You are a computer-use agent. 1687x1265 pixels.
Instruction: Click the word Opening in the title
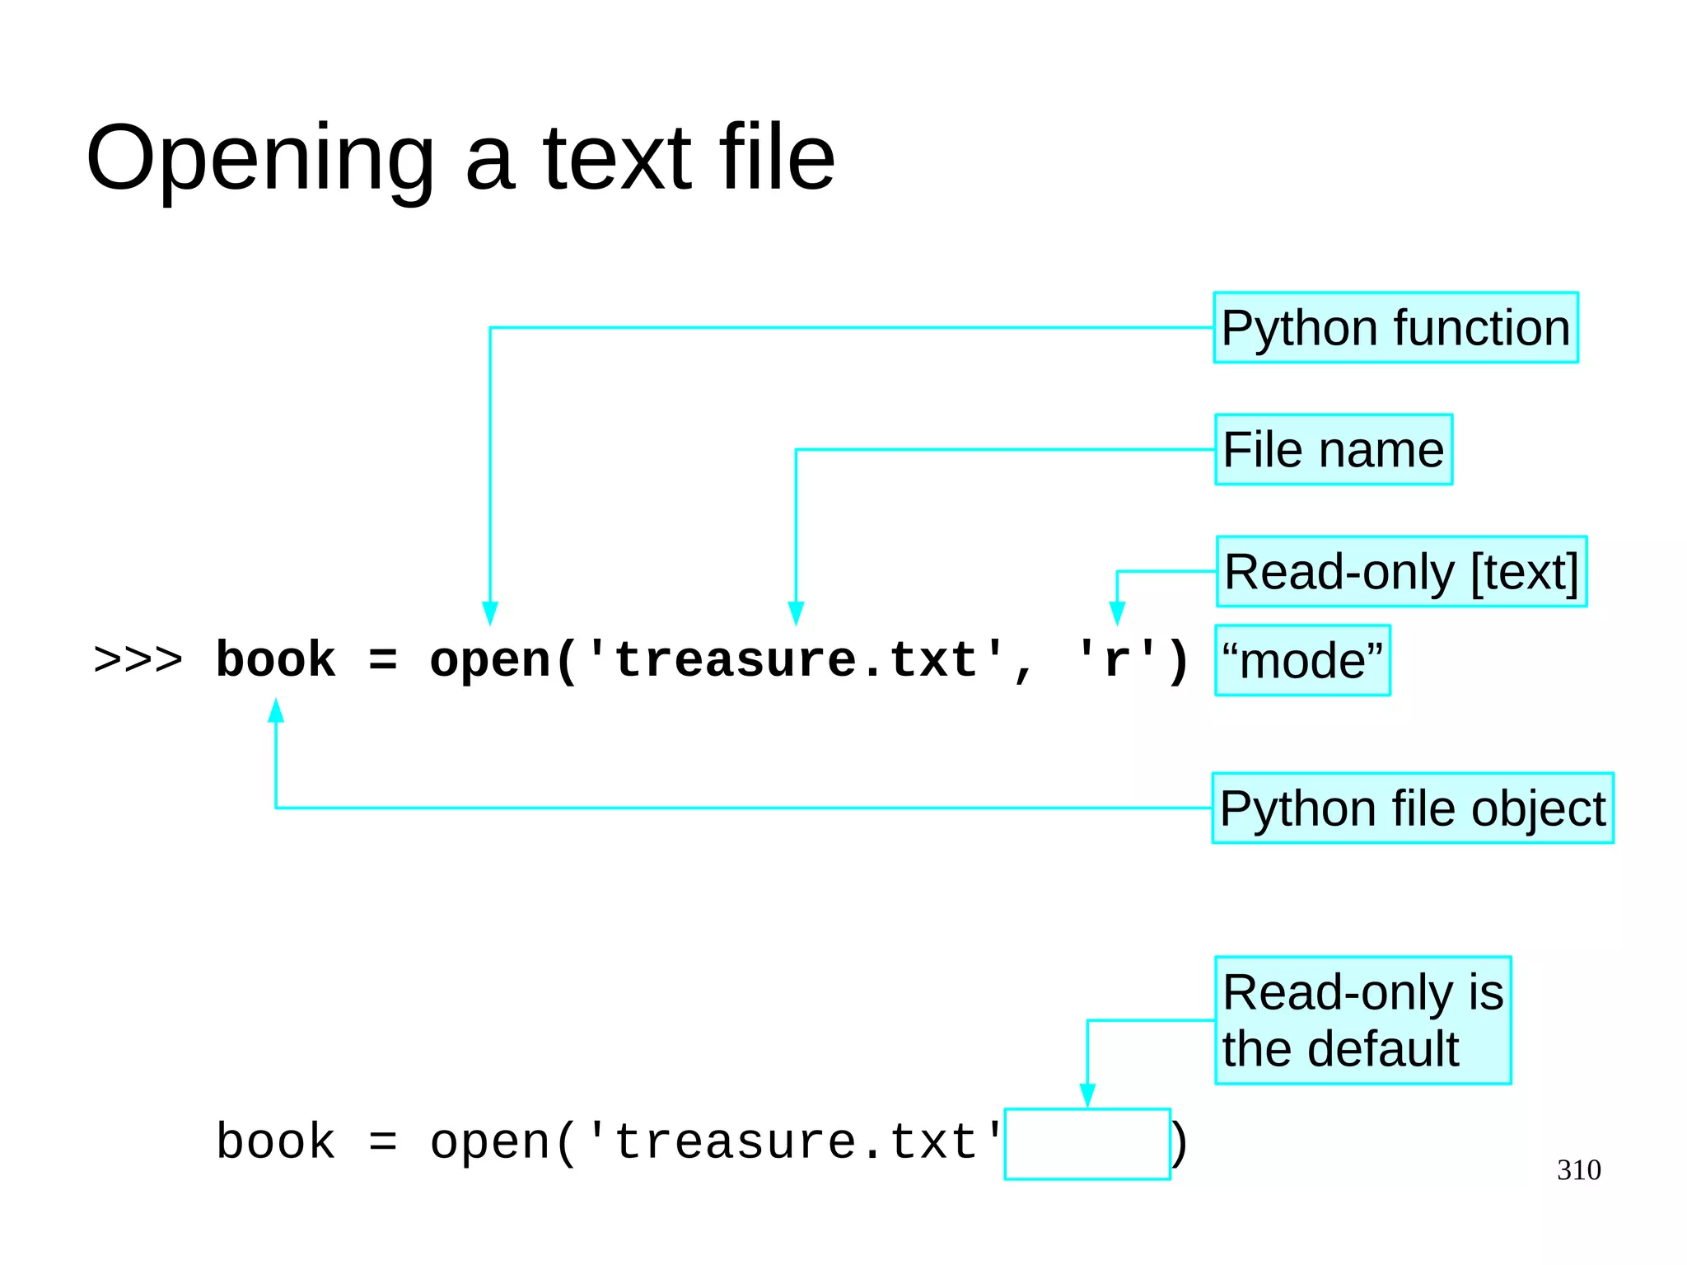pos(259,159)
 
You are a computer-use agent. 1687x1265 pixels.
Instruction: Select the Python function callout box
pos(1395,327)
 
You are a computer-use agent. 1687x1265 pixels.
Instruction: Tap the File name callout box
pos(1333,449)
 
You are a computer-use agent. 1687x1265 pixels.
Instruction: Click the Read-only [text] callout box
pos(1400,572)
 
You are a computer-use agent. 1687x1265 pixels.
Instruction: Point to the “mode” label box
pos(1302,660)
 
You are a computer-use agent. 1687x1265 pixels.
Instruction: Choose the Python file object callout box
pos(1412,808)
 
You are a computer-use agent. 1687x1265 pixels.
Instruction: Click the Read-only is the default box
pos(1362,1020)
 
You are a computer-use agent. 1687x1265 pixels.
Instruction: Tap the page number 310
pos(1578,1169)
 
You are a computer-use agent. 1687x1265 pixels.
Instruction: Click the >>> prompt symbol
pos(138,660)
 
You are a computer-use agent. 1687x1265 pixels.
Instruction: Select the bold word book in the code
pos(275,660)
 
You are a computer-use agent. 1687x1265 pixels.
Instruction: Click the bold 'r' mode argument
pos(1116,660)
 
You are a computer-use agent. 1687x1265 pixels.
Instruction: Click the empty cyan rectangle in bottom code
pos(1087,1144)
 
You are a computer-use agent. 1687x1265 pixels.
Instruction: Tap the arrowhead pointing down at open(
pos(490,613)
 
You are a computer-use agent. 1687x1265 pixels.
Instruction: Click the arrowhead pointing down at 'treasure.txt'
pos(796,613)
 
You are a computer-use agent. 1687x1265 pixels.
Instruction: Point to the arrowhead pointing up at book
pos(276,711)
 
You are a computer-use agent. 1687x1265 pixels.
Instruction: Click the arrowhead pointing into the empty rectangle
pos(1087,1095)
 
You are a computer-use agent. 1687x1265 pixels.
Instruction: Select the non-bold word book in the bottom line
pos(275,1142)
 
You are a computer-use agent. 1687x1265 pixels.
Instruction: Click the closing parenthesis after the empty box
pos(1180,1144)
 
